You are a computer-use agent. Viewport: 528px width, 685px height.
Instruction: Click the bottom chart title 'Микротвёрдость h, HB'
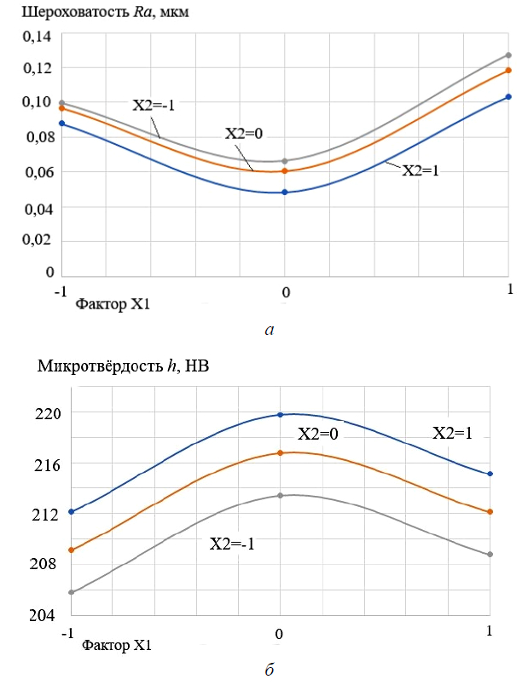point(124,367)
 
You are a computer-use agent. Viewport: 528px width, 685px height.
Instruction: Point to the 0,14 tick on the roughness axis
point(36,36)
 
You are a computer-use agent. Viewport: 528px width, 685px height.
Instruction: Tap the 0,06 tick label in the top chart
point(36,172)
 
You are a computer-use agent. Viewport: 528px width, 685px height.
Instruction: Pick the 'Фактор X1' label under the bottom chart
point(118,645)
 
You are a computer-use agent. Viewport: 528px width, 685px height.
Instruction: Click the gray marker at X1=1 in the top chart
point(508,55)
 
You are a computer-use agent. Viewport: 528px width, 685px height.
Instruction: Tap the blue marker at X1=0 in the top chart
point(285,193)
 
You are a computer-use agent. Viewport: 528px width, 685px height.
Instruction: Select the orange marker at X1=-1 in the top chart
point(61,108)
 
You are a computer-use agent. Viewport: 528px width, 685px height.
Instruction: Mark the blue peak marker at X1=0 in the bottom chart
point(280,415)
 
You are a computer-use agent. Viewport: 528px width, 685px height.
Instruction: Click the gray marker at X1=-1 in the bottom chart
point(72,592)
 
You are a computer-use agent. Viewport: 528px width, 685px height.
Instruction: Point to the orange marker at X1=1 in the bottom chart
point(490,512)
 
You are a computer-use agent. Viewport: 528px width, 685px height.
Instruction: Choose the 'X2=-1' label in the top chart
point(154,105)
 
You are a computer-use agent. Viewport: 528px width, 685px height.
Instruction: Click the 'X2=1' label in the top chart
point(420,170)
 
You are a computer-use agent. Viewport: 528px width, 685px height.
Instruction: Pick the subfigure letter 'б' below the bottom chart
point(270,670)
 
